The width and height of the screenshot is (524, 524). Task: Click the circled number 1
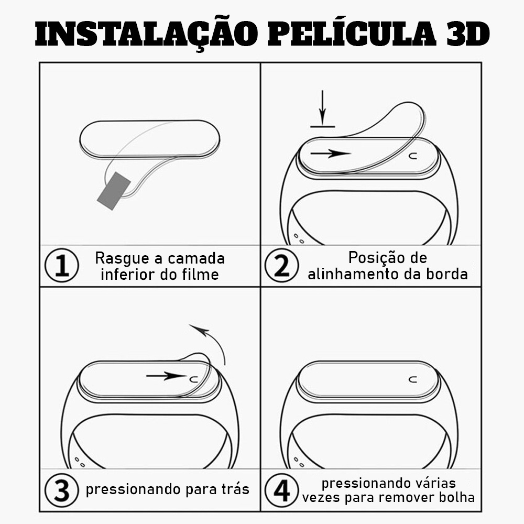tap(62, 265)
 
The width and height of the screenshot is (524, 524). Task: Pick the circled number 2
tap(282, 265)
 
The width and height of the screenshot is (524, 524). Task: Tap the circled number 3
tap(62, 490)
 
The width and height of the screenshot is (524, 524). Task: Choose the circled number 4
tap(282, 490)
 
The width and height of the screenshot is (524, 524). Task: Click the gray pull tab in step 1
tap(114, 191)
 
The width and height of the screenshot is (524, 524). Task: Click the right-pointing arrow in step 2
tap(331, 154)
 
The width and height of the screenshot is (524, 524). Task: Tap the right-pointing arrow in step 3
tap(166, 376)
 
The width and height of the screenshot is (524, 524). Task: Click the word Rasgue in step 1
tap(122, 259)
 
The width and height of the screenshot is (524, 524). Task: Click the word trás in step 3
tap(236, 489)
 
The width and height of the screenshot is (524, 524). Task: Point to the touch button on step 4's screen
tap(413, 379)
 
